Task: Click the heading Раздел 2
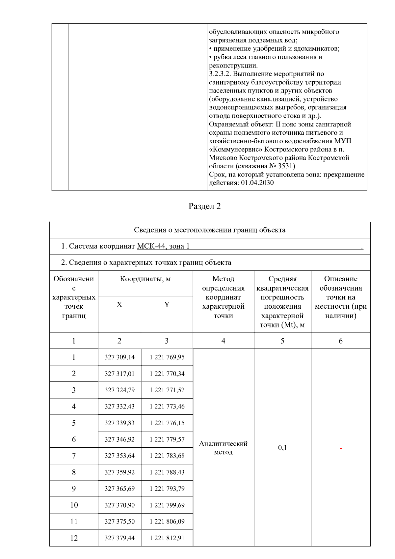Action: (204, 206)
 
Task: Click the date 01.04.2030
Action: (257, 183)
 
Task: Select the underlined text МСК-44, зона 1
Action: (163, 246)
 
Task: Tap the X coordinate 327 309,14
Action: (119, 357)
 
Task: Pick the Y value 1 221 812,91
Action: (167, 538)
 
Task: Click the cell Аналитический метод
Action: (223, 448)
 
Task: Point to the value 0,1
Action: (282, 448)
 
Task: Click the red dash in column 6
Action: (341, 448)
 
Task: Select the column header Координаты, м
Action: (145, 279)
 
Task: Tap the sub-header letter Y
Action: (167, 305)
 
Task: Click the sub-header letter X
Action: (119, 305)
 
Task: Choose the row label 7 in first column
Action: (74, 456)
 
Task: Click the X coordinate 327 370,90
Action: (119, 505)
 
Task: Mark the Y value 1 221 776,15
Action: (167, 423)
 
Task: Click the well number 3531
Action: (286, 166)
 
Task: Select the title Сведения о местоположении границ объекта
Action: (210, 230)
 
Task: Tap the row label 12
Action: (74, 538)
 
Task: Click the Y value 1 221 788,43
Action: (167, 472)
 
